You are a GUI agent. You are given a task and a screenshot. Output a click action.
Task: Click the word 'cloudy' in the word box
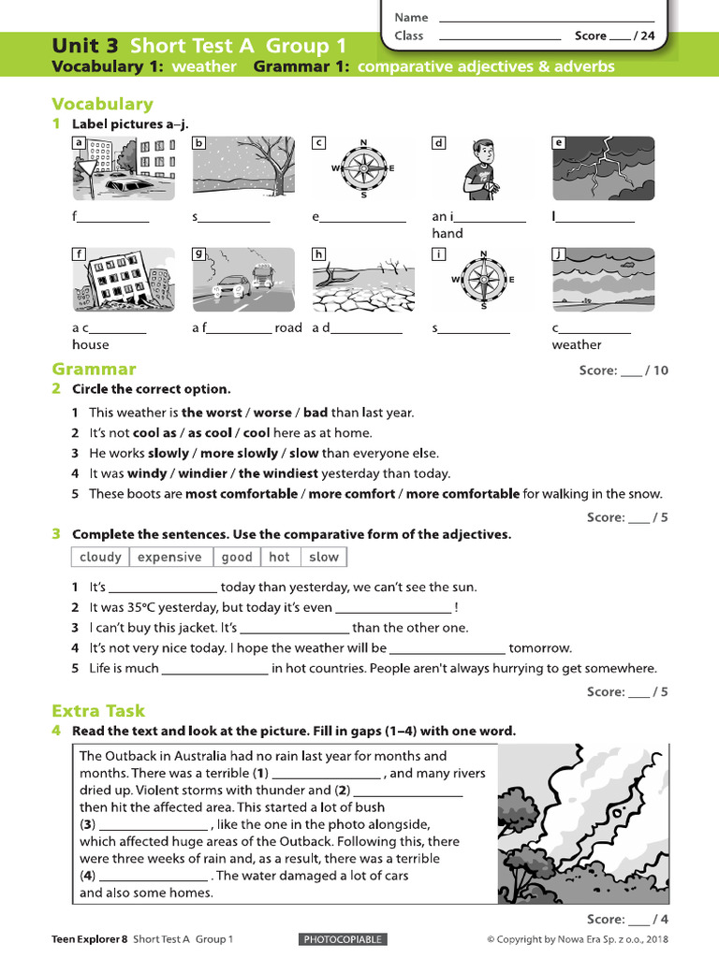click(x=100, y=557)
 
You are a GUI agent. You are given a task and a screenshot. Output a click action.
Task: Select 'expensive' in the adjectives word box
click(x=169, y=557)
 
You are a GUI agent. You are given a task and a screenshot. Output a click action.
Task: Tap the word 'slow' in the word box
click(x=323, y=557)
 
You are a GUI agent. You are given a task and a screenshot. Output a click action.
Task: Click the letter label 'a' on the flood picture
click(x=80, y=143)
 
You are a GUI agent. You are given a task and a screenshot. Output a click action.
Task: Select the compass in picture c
click(x=363, y=168)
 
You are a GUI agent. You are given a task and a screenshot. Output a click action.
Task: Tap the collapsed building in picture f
click(x=123, y=279)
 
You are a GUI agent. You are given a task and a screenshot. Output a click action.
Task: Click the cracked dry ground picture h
click(x=363, y=279)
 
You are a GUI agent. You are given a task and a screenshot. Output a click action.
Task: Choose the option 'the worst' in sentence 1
click(x=211, y=413)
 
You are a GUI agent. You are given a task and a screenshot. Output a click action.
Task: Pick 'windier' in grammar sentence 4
click(x=203, y=473)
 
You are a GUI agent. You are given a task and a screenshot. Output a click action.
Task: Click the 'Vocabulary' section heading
click(x=102, y=104)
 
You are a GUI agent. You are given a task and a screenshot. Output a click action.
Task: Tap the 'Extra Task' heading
click(x=98, y=710)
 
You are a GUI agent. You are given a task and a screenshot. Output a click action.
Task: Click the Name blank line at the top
click(x=546, y=18)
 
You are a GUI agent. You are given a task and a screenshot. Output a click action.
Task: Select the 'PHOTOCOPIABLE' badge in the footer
click(x=343, y=939)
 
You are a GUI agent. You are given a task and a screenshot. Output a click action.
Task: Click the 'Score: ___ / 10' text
click(x=624, y=370)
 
